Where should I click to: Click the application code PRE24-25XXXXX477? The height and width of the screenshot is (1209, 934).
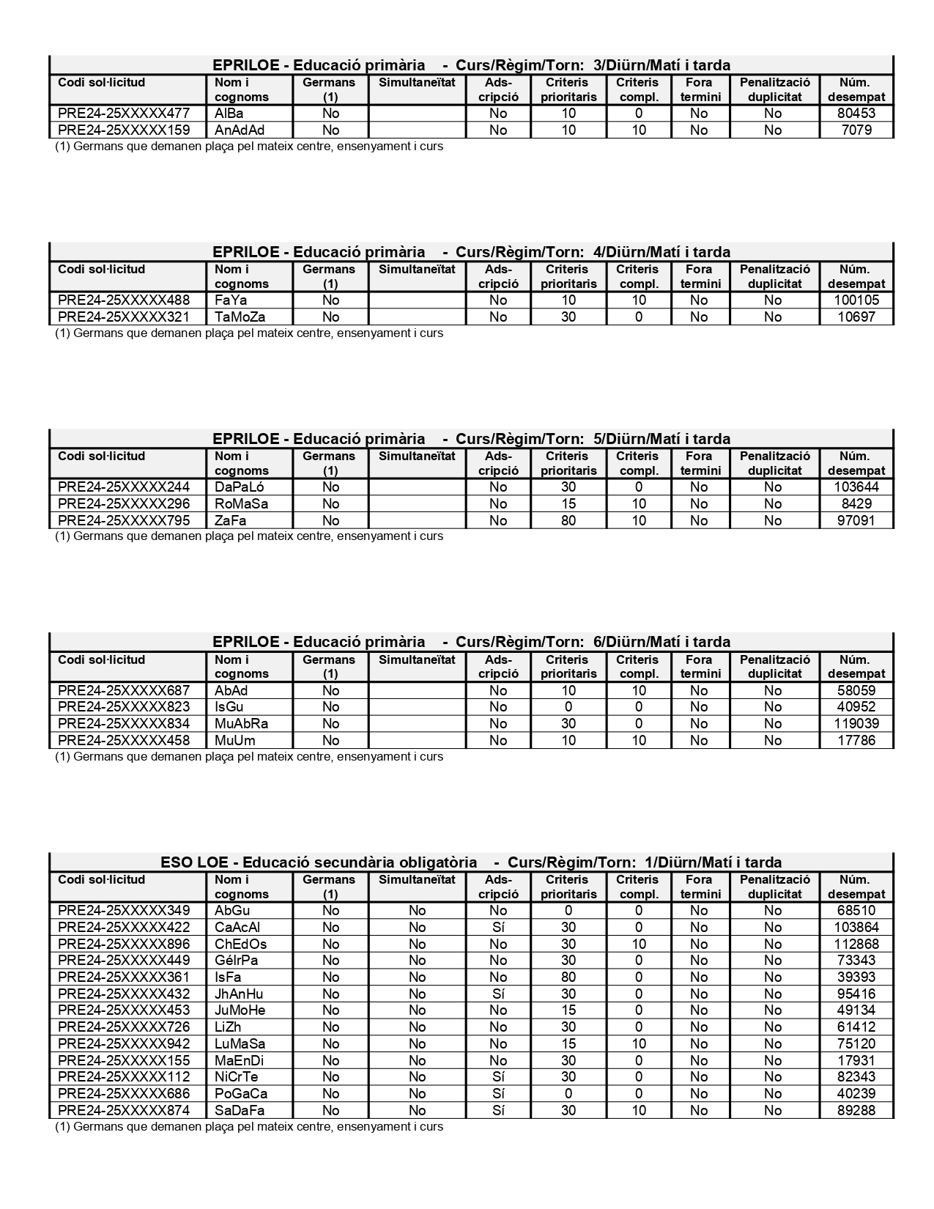[124, 114]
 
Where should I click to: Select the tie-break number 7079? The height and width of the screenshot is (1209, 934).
[856, 130]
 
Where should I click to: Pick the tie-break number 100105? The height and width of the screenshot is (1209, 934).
[856, 300]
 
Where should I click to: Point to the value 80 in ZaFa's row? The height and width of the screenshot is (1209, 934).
[568, 521]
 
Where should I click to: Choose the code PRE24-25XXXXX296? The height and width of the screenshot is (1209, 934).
[124, 504]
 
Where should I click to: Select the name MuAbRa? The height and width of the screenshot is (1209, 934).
[241, 724]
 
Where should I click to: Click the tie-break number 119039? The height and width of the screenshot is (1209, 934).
[856, 724]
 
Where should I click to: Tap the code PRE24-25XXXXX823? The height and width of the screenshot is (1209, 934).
[124, 707]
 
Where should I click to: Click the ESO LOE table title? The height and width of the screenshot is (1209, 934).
[471, 862]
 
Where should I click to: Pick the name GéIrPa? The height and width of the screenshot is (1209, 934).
[236, 961]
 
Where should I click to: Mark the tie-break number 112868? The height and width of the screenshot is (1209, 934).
[856, 944]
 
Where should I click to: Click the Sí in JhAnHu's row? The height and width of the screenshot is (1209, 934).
[498, 994]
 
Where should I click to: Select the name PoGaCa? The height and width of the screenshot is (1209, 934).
[240, 1094]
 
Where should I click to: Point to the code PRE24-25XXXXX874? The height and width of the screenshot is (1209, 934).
[124, 1111]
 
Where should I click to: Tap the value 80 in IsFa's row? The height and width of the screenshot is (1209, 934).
[568, 977]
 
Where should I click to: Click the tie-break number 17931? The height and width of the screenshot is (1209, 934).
[856, 1061]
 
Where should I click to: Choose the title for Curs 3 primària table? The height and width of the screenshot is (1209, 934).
[471, 65]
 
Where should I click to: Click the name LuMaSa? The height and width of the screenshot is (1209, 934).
[240, 1044]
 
